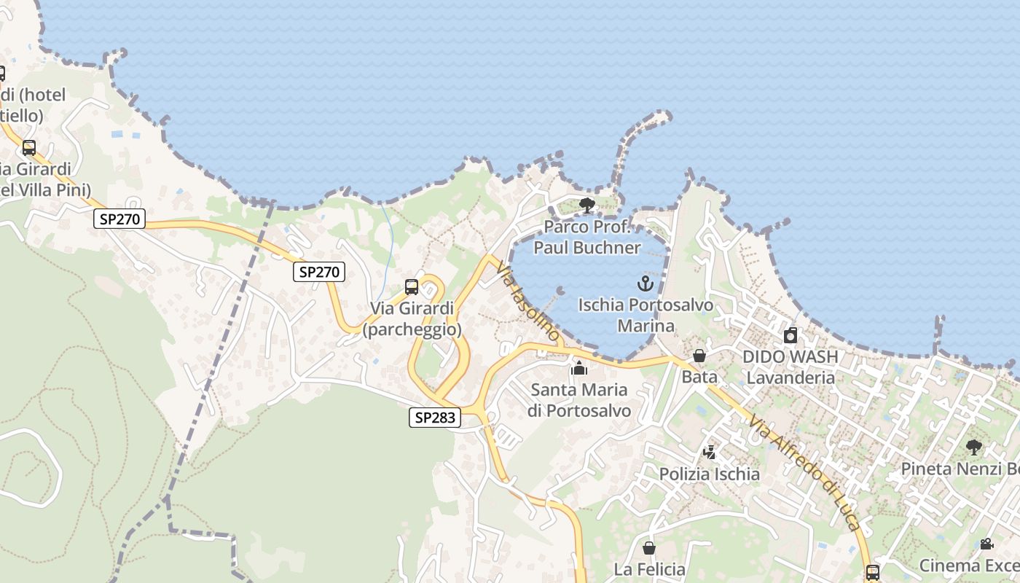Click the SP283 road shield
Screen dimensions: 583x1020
pyautogui.click(x=435, y=418)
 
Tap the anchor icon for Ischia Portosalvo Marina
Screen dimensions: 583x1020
pyautogui.click(x=646, y=283)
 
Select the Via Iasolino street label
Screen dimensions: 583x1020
pyautogui.click(x=527, y=303)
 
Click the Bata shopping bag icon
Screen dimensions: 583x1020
pyautogui.click(x=699, y=356)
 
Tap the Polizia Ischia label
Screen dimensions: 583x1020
pyautogui.click(x=709, y=474)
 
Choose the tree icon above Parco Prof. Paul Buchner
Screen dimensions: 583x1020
pyautogui.click(x=586, y=205)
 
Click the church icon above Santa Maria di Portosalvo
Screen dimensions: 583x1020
pyautogui.click(x=579, y=368)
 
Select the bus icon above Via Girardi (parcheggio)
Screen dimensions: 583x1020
pyautogui.click(x=412, y=287)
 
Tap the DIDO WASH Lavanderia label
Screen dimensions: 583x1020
pyautogui.click(x=790, y=367)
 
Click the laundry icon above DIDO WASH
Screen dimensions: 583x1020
pyautogui.click(x=790, y=335)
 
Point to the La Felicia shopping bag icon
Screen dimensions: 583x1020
pyautogui.click(x=649, y=548)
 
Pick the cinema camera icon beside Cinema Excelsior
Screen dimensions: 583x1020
pyautogui.click(x=986, y=544)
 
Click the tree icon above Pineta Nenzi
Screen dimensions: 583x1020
pyautogui.click(x=973, y=447)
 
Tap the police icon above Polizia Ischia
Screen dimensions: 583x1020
pyautogui.click(x=709, y=452)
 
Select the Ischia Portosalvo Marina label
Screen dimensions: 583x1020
pyautogui.click(x=646, y=315)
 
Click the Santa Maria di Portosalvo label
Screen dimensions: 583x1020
pyautogui.click(x=579, y=400)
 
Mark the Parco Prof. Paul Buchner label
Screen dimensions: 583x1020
pyautogui.click(x=587, y=237)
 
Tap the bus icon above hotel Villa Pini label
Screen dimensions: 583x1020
pyautogui.click(x=29, y=148)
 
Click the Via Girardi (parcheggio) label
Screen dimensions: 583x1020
pyautogui.click(x=412, y=318)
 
